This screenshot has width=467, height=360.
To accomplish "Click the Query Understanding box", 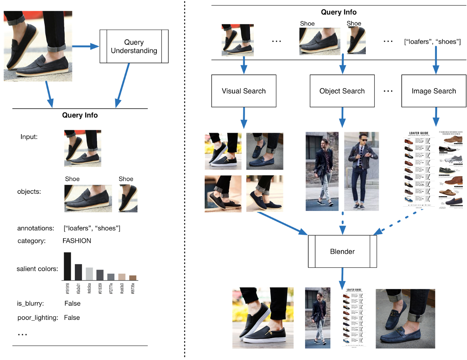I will (x=134, y=46).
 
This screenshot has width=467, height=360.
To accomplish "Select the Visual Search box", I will (x=244, y=91).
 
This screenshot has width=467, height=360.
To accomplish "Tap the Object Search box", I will (x=342, y=91).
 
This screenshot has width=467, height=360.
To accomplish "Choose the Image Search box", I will (x=434, y=91).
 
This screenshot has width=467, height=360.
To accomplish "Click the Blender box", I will (x=342, y=251).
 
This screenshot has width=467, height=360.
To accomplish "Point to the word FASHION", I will (x=77, y=241).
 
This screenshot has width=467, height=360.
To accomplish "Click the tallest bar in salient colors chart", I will (x=67, y=266).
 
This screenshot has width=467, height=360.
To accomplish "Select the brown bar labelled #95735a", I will (x=133, y=277).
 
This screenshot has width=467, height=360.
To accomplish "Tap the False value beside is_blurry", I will (x=72, y=304).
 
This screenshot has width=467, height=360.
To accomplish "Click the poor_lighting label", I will (x=38, y=318).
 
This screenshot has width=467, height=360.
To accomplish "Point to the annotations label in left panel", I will (x=35, y=228).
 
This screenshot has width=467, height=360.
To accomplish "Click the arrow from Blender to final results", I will (x=342, y=277).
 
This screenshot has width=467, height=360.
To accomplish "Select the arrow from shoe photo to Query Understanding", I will (x=86, y=47).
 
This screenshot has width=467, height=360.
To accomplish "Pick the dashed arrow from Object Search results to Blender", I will (x=342, y=224).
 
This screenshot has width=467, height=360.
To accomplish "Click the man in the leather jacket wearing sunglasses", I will (x=362, y=171).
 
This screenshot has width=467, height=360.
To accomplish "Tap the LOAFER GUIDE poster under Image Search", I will (x=418, y=169).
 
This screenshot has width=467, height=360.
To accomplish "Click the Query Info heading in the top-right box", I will (x=339, y=12).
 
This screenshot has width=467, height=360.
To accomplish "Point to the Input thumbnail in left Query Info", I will (x=83, y=148).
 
